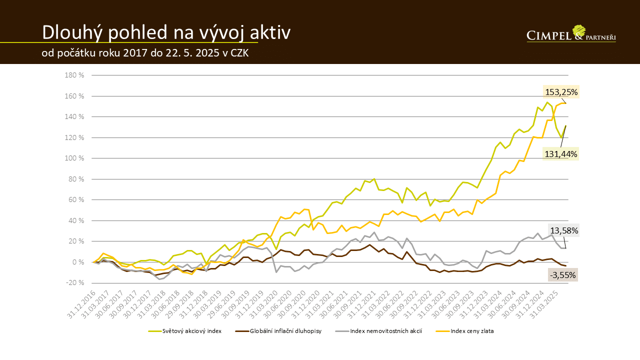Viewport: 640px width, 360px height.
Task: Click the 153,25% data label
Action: (561, 92)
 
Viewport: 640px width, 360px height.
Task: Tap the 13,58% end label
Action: (564, 230)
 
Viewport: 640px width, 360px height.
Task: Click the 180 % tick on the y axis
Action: (74, 75)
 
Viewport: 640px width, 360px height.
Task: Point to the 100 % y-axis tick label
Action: (74, 158)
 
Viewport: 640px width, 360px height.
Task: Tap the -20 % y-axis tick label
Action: (74, 283)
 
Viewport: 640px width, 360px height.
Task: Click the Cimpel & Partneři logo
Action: (571, 33)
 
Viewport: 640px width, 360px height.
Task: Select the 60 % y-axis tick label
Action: (75, 199)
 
